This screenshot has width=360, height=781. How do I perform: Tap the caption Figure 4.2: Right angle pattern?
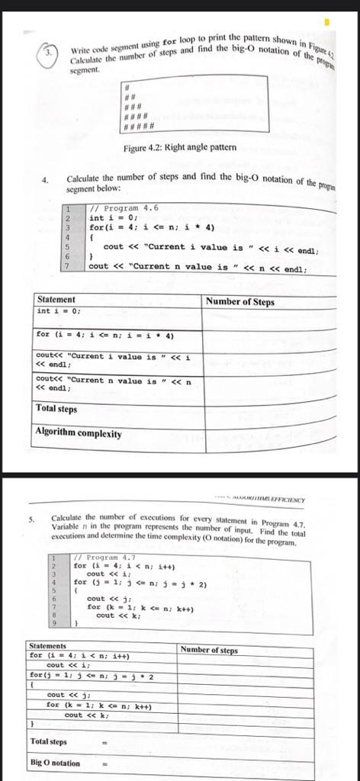click(x=179, y=147)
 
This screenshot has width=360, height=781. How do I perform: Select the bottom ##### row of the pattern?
click(x=140, y=126)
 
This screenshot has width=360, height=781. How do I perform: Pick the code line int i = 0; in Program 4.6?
click(x=112, y=218)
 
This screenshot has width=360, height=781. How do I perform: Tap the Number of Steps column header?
click(x=239, y=302)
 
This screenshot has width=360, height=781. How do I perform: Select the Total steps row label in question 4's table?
click(x=56, y=409)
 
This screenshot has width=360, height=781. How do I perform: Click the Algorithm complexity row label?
click(x=79, y=433)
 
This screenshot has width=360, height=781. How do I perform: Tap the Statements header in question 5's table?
click(x=48, y=645)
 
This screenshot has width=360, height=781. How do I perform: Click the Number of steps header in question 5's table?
click(x=209, y=650)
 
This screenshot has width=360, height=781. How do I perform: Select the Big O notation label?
click(x=55, y=763)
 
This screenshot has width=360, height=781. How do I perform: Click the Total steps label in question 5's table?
click(x=48, y=741)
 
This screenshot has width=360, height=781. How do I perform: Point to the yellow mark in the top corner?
click(x=326, y=22)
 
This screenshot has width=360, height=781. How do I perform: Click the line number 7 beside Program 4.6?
click(x=69, y=266)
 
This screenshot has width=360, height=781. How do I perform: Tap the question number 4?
click(x=45, y=181)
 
